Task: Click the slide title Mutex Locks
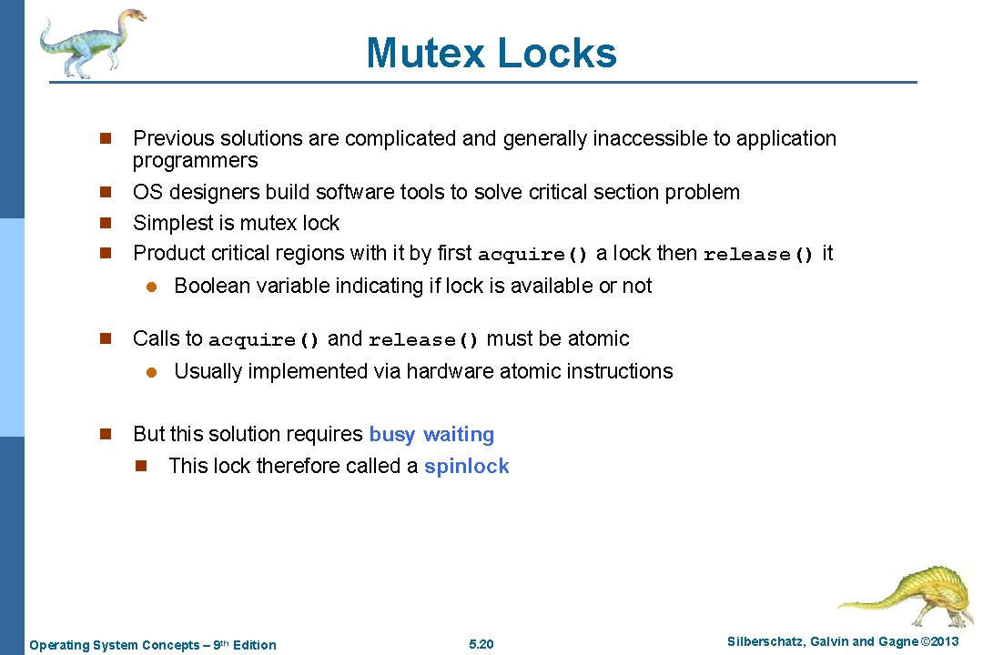[491, 53]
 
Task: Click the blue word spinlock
[466, 467]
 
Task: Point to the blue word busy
[391, 435]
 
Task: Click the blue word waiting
[459, 435]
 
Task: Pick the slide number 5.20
[481, 645]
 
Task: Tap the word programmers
[195, 161]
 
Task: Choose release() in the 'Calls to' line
[423, 340]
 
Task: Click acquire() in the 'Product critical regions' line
[533, 255]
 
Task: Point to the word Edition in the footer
[255, 645]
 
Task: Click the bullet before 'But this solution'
[105, 435]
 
